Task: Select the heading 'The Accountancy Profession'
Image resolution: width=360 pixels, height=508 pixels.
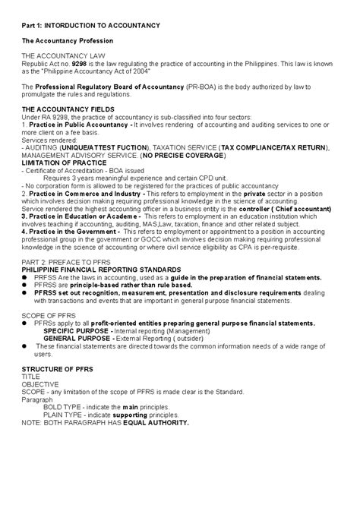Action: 67,39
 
